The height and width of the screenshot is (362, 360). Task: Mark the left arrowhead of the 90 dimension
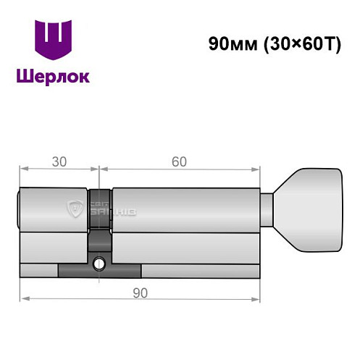click(x=23, y=297)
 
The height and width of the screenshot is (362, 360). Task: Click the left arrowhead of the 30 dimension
click(x=22, y=170)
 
